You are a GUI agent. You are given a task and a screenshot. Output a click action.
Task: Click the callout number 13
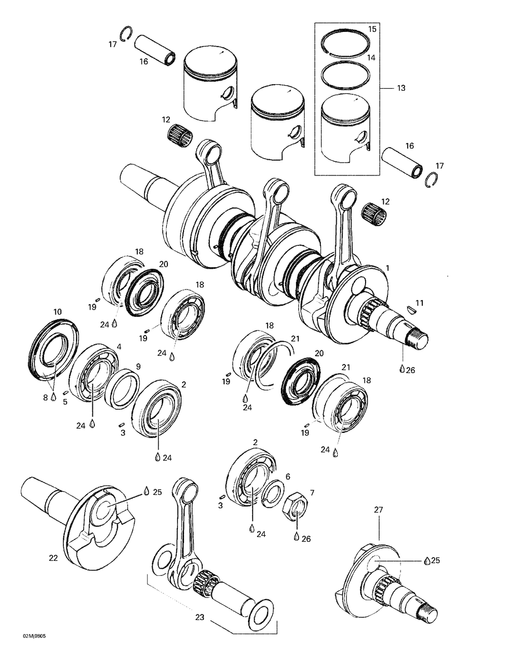coord(401,88)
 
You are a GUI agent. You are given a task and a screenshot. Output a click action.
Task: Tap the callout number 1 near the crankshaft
coord(388,267)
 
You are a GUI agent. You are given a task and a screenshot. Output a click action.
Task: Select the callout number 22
coord(53,558)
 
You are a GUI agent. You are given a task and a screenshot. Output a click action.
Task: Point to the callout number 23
coord(200,617)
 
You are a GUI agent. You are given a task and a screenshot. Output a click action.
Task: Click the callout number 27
coord(379,510)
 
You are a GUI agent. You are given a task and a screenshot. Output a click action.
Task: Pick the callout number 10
coord(57,311)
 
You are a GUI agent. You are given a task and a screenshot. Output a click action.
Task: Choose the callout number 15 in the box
coord(372,29)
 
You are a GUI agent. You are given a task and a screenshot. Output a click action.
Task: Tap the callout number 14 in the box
coord(371,58)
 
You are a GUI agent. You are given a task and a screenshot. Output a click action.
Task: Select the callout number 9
coord(138,367)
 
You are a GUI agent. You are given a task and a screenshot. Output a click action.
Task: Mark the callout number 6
coord(287,477)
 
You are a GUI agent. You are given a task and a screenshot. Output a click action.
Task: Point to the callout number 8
coord(45,398)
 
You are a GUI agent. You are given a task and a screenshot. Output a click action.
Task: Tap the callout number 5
coord(65,403)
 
